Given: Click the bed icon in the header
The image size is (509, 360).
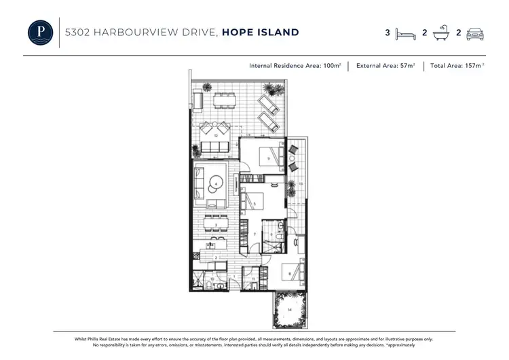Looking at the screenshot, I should point(406,33).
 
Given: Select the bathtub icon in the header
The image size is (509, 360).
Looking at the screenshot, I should point(442,33).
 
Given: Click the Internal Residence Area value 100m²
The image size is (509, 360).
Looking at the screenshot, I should point(331,67).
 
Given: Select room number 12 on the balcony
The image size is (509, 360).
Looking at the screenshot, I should point(216,136).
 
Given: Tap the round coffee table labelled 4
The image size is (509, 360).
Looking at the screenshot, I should point(216,182).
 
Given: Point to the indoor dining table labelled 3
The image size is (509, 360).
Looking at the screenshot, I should point(215,225).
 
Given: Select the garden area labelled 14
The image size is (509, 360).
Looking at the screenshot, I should point(290,309).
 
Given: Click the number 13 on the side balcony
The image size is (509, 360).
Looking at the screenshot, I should point(299,184).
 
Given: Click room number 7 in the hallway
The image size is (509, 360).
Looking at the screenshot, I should point(254,234).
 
